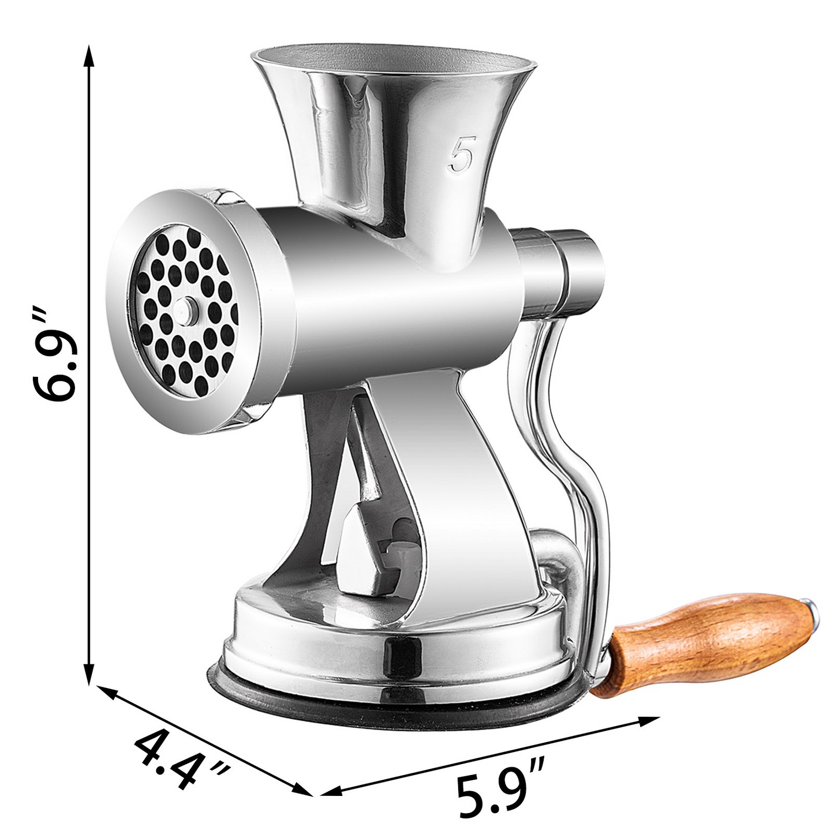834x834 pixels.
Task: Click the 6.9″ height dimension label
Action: pos(55,356)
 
